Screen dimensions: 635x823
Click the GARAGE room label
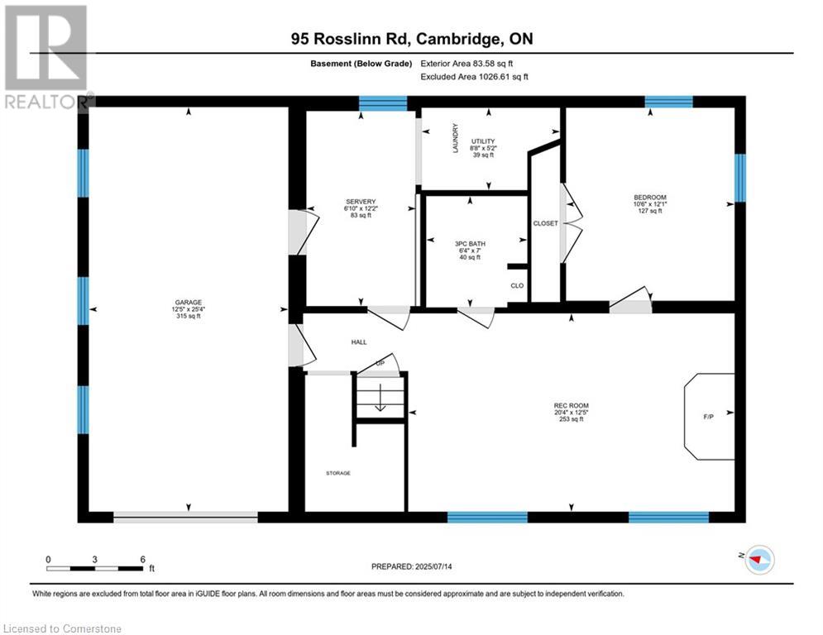188,302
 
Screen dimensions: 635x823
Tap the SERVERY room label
361,202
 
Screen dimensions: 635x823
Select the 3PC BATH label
470,243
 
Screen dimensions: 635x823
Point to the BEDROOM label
649,198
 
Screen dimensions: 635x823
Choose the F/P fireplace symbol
708,417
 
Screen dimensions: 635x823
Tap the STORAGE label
337,473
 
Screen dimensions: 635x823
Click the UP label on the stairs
380,363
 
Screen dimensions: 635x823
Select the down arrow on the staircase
380,402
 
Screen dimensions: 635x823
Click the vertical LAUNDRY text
455,139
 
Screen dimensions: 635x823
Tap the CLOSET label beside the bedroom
546,223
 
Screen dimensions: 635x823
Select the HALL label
358,341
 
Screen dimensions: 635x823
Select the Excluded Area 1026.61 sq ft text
474,76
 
